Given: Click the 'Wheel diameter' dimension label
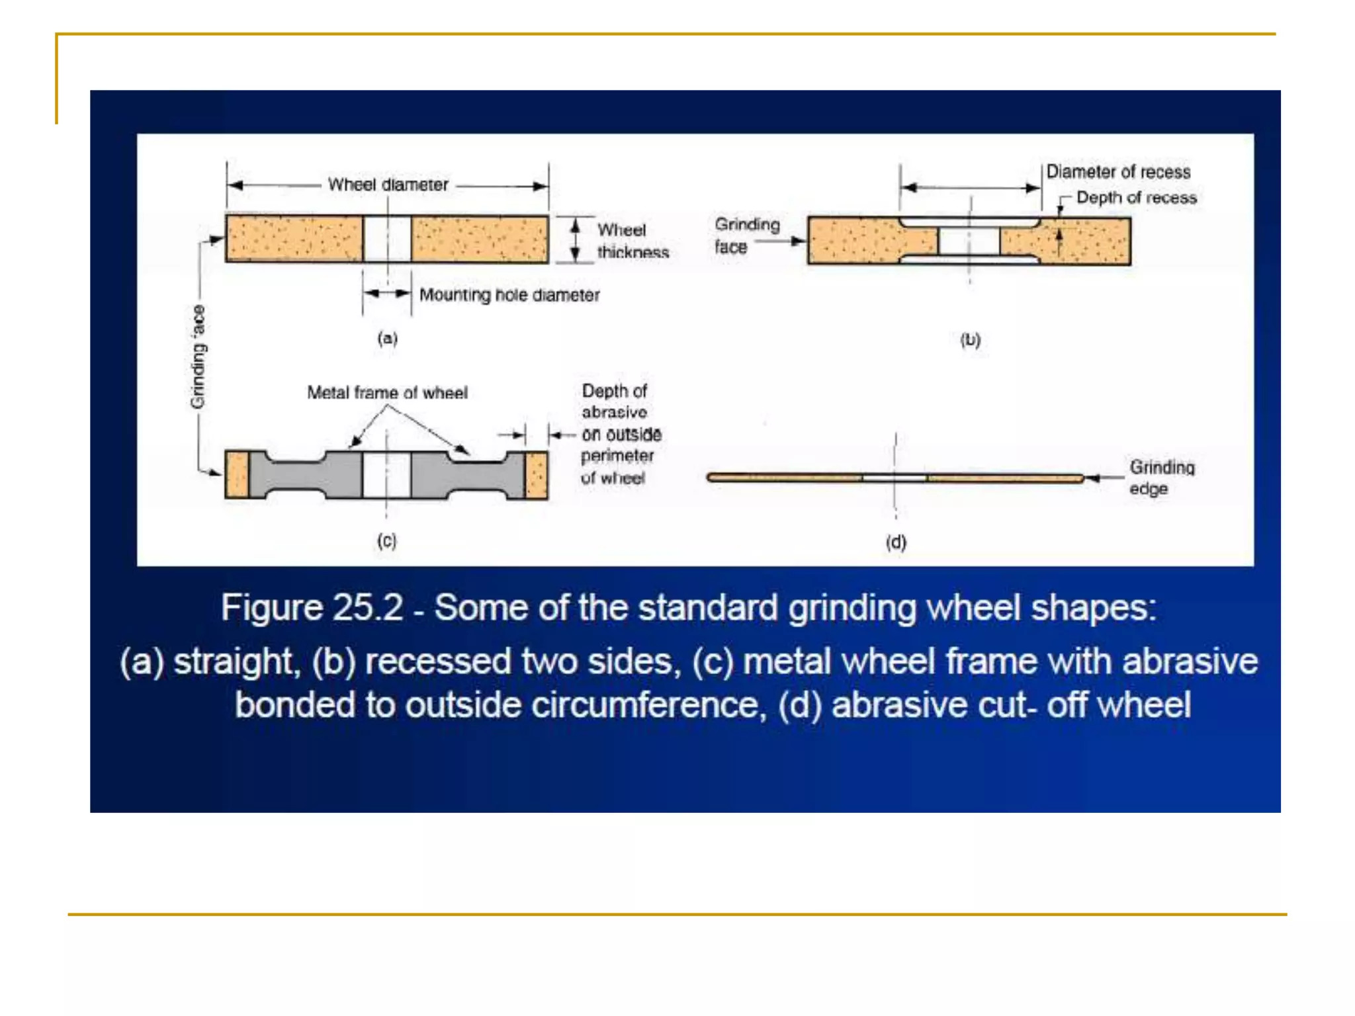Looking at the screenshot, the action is click(x=388, y=185).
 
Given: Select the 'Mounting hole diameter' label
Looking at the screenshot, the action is click(x=509, y=295).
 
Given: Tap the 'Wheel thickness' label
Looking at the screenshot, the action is click(x=632, y=241).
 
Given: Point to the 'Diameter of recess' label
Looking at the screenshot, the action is click(x=1117, y=172).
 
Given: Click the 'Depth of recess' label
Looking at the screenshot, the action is click(x=1136, y=198).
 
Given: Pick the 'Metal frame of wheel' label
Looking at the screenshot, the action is click(x=387, y=393).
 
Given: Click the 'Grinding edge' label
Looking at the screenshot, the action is click(x=1161, y=478).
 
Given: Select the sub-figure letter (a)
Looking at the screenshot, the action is click(x=387, y=339).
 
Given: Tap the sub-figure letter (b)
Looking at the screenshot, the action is click(x=969, y=340).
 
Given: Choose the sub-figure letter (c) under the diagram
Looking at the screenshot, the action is click(x=386, y=541).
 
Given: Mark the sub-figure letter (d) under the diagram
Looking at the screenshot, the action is click(x=895, y=542).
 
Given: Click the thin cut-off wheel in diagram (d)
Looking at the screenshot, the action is click(x=794, y=478).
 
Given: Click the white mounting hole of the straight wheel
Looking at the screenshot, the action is click(x=387, y=239).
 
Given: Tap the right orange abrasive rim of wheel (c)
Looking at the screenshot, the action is click(x=537, y=475).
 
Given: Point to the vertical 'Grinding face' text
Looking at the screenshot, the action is click(x=198, y=357).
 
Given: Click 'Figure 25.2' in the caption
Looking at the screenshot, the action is click(x=312, y=607).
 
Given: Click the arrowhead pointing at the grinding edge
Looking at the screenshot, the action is click(x=1092, y=478).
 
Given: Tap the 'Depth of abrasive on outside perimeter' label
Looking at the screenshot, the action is click(x=620, y=434).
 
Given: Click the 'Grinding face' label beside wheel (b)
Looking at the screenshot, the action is click(x=746, y=235).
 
